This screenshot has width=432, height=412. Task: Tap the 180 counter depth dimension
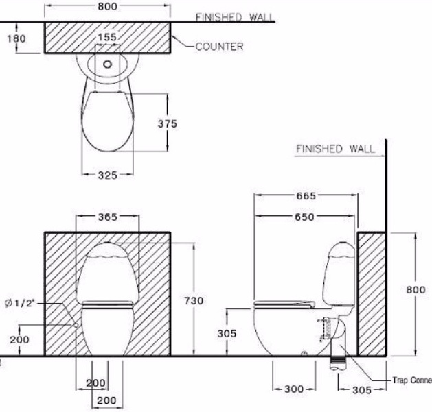coord(16,38)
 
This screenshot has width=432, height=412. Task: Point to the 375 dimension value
coord(167,123)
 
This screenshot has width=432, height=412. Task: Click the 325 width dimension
coord(107,175)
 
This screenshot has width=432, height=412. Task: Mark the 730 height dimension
coord(194,301)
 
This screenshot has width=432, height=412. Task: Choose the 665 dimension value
coord(306,196)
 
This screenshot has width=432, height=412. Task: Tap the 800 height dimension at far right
coord(416,290)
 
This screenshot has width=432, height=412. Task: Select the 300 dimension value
coord(294,389)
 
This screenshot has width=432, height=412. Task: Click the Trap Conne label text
coord(411,379)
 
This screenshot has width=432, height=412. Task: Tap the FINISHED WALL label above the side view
coord(335,149)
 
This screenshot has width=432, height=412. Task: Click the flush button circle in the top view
coord(107,66)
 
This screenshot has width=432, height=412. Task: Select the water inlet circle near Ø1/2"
coord(75,325)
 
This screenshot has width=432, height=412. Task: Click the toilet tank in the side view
coord(341,274)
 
